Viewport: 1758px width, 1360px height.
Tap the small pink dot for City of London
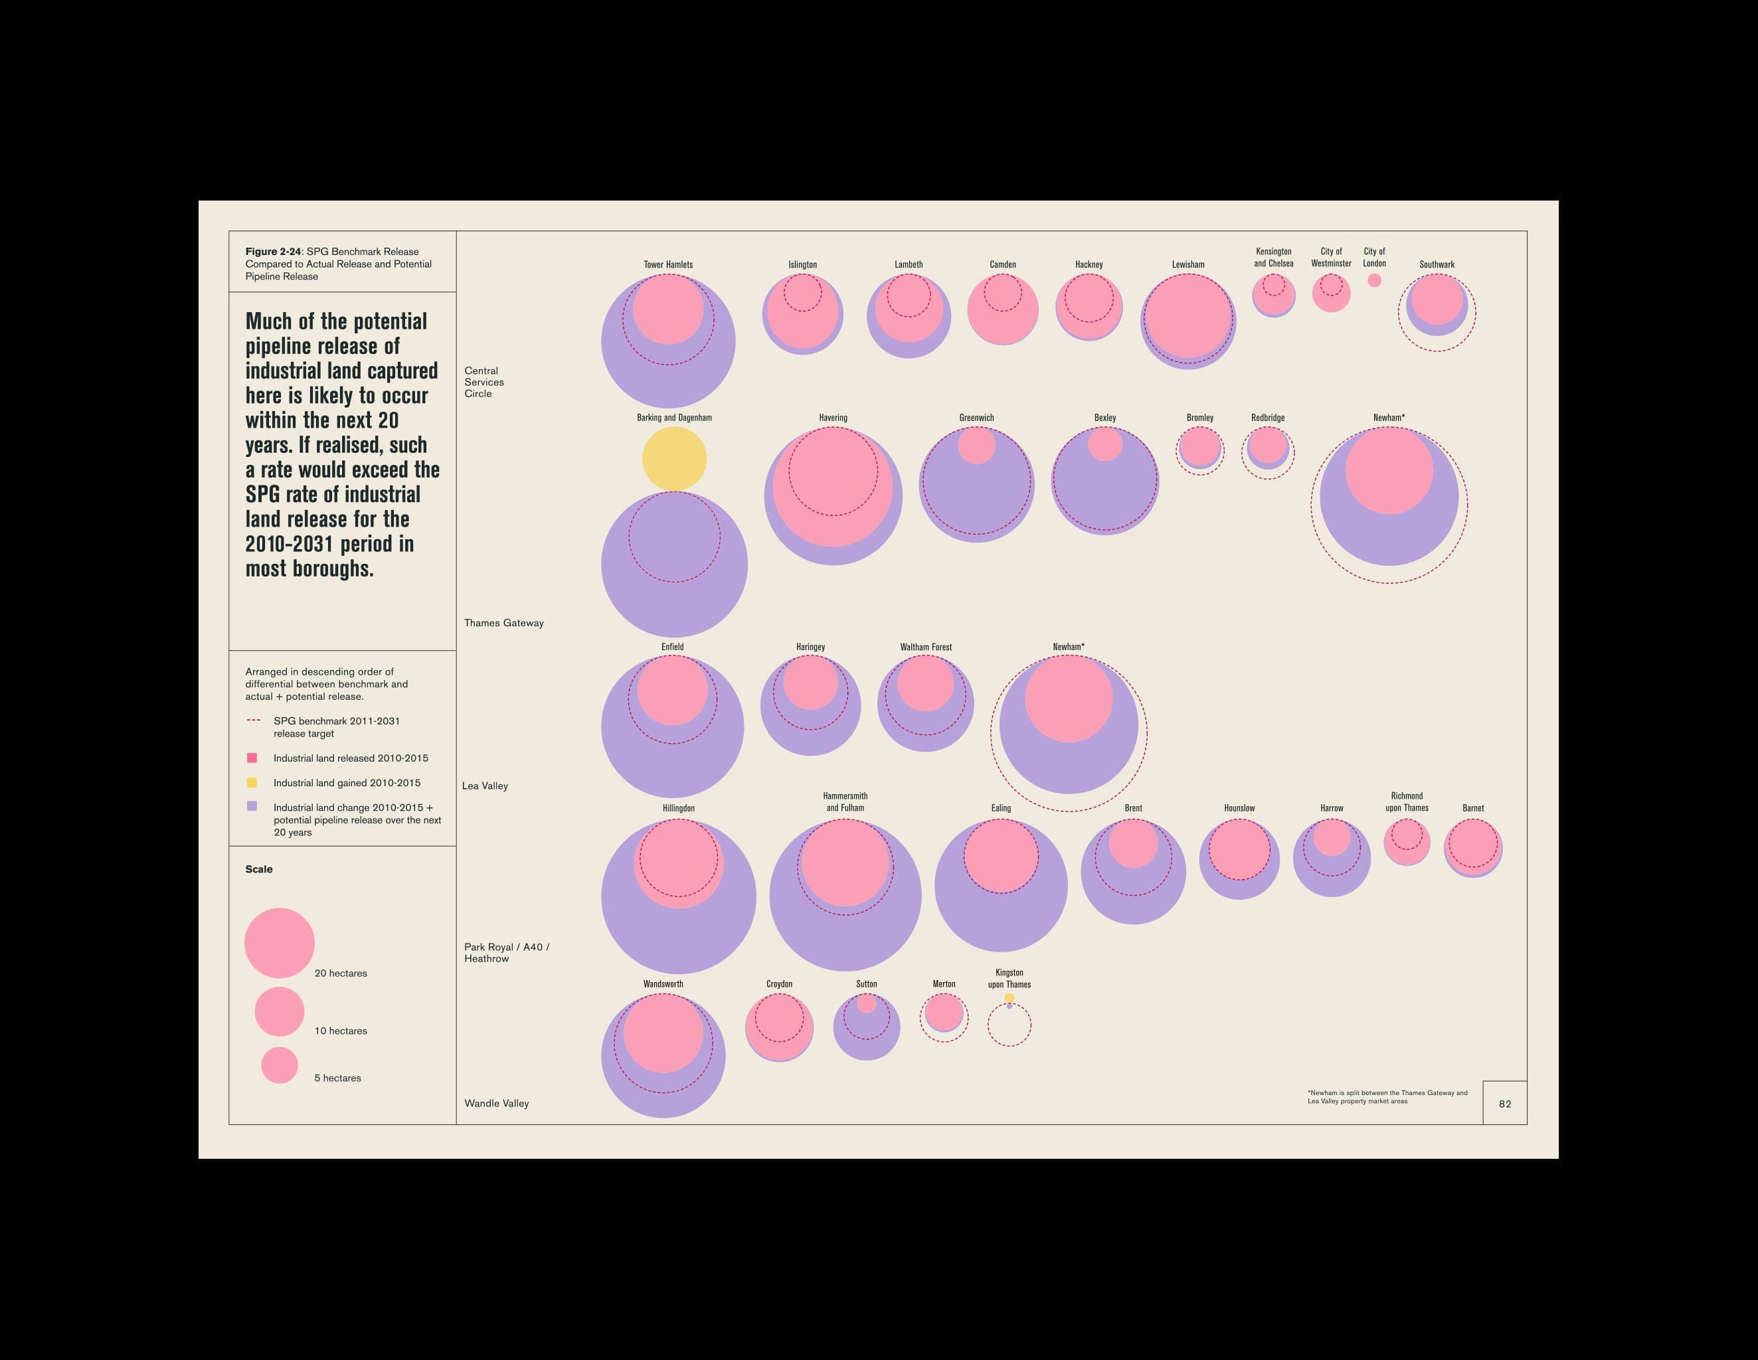pyautogui.click(x=1374, y=280)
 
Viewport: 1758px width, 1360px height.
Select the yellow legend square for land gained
pyautogui.click(x=252, y=782)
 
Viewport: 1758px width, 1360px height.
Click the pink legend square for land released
pyautogui.click(x=252, y=757)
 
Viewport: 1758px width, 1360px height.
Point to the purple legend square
pyautogui.click(x=252, y=806)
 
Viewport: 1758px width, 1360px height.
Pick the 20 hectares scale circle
pyautogui.click(x=280, y=943)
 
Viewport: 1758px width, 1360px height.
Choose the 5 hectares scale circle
pyautogui.click(x=280, y=1064)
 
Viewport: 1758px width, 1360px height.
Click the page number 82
pyautogui.click(x=1504, y=1104)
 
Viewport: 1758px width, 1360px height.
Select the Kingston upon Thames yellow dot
pyautogui.click(x=1010, y=998)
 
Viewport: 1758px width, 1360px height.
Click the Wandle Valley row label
pyautogui.click(x=497, y=1103)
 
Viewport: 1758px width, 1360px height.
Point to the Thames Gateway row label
pyautogui.click(x=504, y=623)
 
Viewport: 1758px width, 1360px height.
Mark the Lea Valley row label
pyautogui.click(x=485, y=786)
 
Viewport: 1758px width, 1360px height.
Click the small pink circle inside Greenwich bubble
pyautogui.click(x=976, y=446)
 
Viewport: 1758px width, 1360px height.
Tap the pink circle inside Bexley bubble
pyautogui.click(x=1105, y=444)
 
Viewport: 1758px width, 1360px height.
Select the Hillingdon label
pyautogui.click(x=679, y=808)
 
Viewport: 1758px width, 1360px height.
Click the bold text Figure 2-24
pyautogui.click(x=273, y=252)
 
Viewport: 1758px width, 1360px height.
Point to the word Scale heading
pyautogui.click(x=259, y=869)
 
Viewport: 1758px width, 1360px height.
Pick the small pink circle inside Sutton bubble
pyautogui.click(x=867, y=1003)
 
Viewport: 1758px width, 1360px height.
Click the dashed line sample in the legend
pyautogui.click(x=254, y=721)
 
